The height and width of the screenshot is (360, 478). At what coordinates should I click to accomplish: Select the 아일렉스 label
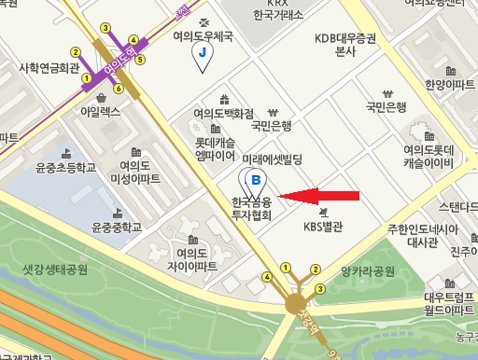click(x=101, y=110)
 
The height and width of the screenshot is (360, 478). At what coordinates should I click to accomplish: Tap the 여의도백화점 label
click(x=223, y=113)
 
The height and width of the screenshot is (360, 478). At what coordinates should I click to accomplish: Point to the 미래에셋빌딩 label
click(x=273, y=159)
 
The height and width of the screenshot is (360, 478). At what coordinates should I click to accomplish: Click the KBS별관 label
click(x=325, y=225)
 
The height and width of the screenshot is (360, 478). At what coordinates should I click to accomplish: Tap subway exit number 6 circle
click(x=119, y=88)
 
